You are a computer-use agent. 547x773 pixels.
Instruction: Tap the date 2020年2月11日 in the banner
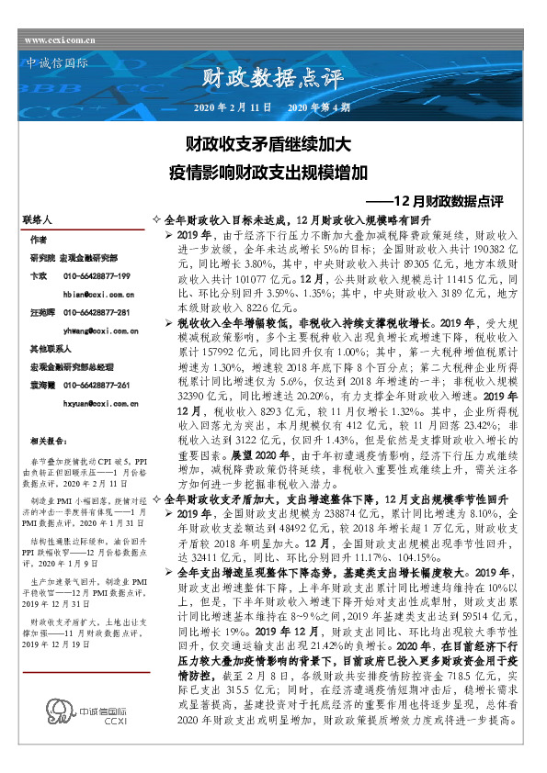tap(234, 107)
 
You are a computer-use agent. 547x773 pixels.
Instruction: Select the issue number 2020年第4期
tap(318, 107)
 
